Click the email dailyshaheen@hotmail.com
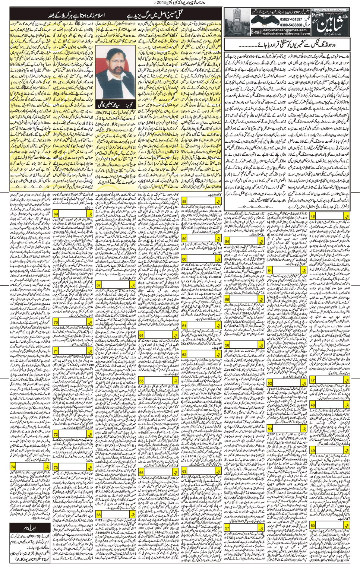[x=287, y=34]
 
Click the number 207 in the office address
[x=297, y=12]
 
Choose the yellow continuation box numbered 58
[x=184, y=202]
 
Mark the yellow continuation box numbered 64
[x=142, y=335]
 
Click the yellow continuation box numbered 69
[x=56, y=214]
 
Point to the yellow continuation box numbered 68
[x=99, y=515]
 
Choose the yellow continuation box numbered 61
[x=184, y=326]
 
